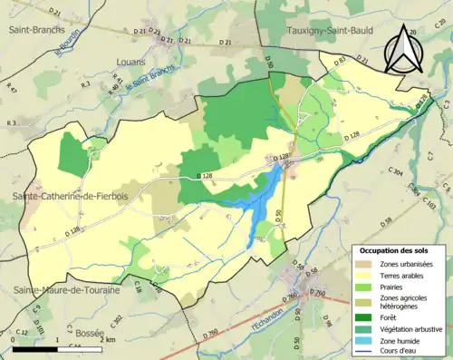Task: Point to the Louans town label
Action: [132, 62]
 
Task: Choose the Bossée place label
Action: [90, 334]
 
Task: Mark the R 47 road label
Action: [12, 89]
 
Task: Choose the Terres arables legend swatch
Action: [367, 275]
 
